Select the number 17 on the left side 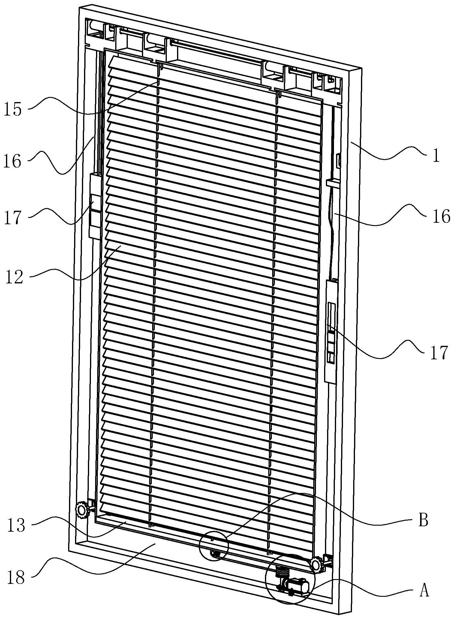point(13,218)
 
